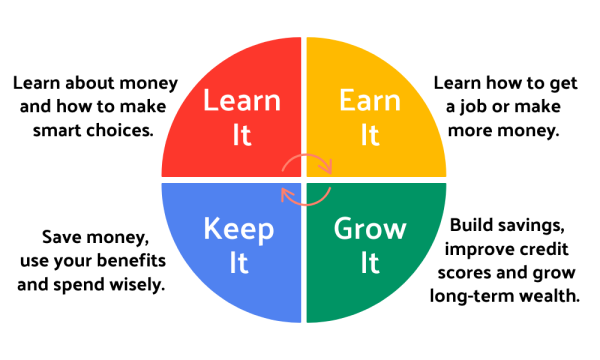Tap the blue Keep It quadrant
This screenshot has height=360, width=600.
point(225,260)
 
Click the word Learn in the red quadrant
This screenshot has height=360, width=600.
point(242,101)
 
